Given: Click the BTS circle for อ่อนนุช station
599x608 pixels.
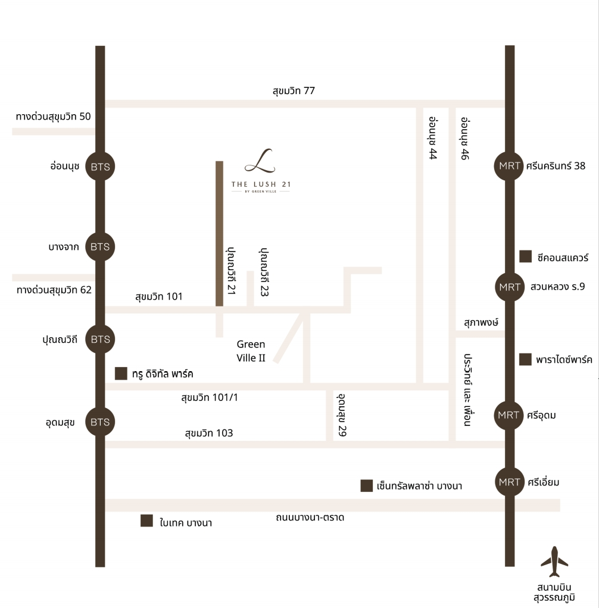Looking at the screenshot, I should (100, 167).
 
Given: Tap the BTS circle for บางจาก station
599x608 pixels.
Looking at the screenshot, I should (100, 246).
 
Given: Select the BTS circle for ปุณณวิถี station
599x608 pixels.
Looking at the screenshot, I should (100, 340).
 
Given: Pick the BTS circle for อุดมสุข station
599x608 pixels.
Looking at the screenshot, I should (100, 422).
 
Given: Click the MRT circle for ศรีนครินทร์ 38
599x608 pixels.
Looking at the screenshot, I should (510, 167).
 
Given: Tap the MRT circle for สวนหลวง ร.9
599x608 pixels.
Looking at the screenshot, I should (510, 287).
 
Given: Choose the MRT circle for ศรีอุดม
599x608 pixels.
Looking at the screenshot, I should (510, 415).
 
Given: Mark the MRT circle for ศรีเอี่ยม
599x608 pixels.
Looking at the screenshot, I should (510, 482).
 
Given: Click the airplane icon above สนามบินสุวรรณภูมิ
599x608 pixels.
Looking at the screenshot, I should (554, 561).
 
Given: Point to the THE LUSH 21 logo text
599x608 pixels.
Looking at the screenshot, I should (261, 184).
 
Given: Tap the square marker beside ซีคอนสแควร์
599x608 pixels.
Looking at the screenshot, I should (526, 256).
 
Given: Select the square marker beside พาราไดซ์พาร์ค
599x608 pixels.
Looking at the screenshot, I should (526, 359).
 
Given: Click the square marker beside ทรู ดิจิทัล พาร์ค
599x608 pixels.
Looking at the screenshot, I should (121, 374).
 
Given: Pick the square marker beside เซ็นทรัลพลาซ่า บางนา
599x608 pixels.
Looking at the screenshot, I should (367, 486).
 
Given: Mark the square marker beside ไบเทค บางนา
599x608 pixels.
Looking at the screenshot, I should (146, 521).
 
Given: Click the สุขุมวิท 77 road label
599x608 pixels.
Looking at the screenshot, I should (294, 91).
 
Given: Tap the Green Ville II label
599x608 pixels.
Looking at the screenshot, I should (251, 351).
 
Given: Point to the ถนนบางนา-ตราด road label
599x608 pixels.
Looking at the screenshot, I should (310, 518).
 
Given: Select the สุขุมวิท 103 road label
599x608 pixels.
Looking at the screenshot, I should (208, 433).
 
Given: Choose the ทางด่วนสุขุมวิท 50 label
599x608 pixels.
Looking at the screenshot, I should (54, 117).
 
